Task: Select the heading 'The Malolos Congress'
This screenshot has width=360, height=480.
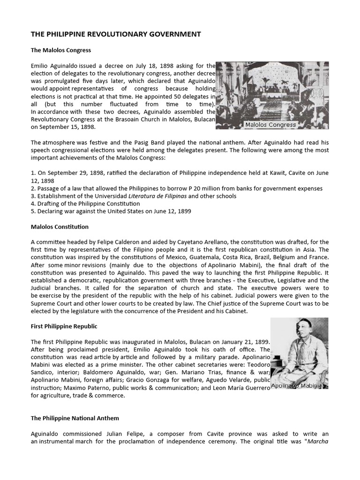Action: point(61,50)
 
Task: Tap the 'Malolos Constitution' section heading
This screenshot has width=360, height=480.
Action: point(60,226)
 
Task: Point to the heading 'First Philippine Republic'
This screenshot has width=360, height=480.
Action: point(64,326)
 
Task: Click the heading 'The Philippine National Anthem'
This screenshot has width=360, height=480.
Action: point(75,418)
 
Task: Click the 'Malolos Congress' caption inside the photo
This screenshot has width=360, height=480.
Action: point(270,125)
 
